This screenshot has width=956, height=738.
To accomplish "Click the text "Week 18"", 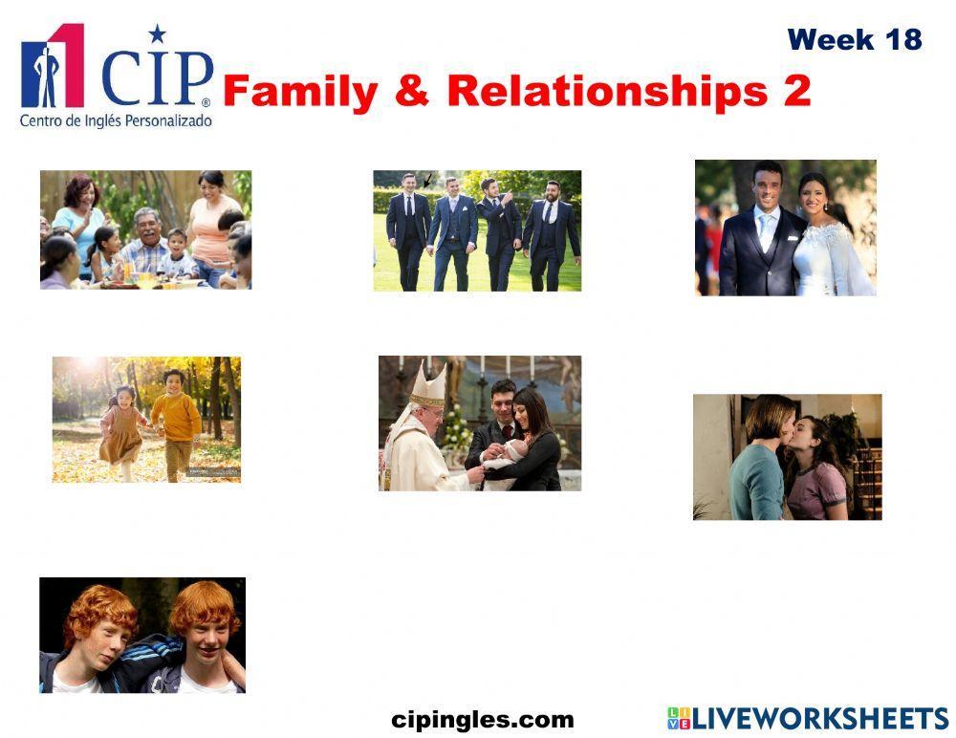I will point(855,39).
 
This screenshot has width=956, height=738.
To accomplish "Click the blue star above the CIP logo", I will point(157,34).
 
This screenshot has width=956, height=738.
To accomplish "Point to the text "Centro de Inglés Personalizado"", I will point(116,121).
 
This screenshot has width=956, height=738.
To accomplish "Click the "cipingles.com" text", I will point(483,720).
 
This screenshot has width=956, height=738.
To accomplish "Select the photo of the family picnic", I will point(145,229).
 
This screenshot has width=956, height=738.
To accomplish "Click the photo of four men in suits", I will point(477,230).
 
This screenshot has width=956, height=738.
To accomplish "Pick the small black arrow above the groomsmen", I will point(428,179).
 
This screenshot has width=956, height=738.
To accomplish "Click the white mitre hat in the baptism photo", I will point(426,385).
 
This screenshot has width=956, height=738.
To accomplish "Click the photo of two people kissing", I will point(787,457).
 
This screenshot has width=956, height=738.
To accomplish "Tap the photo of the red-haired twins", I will point(142,635).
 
